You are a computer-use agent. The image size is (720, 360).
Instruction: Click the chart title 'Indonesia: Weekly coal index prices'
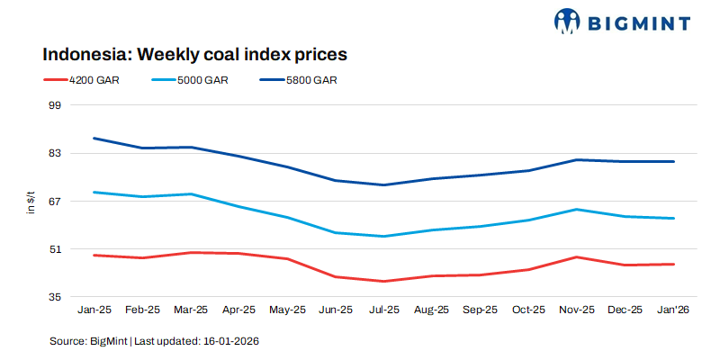click(x=194, y=54)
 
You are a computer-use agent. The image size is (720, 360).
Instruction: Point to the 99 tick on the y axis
click(x=53, y=105)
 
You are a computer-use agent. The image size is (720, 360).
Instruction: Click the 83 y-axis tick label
click(x=53, y=153)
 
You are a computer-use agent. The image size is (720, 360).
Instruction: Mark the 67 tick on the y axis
click(x=53, y=201)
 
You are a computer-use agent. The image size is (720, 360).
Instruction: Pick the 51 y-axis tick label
click(x=53, y=248)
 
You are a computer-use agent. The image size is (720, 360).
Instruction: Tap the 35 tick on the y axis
click(x=53, y=296)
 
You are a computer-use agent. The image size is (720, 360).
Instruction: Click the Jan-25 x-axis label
click(x=94, y=310)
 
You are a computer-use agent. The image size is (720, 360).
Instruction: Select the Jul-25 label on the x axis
click(x=384, y=310)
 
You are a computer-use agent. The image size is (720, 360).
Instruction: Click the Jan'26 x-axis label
click(x=674, y=310)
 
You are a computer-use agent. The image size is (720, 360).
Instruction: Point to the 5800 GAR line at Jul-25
click(x=384, y=185)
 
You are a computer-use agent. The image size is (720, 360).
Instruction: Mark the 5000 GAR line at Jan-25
click(x=94, y=192)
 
